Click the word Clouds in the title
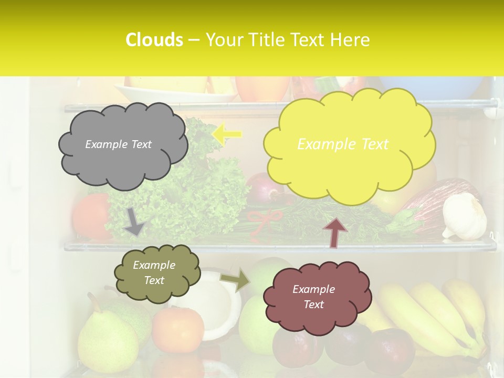[154, 40]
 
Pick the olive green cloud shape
[157, 274]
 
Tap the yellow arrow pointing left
[227, 133]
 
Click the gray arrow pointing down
[134, 221]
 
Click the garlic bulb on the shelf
[464, 216]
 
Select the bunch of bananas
[436, 315]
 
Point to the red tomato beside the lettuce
[90, 215]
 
